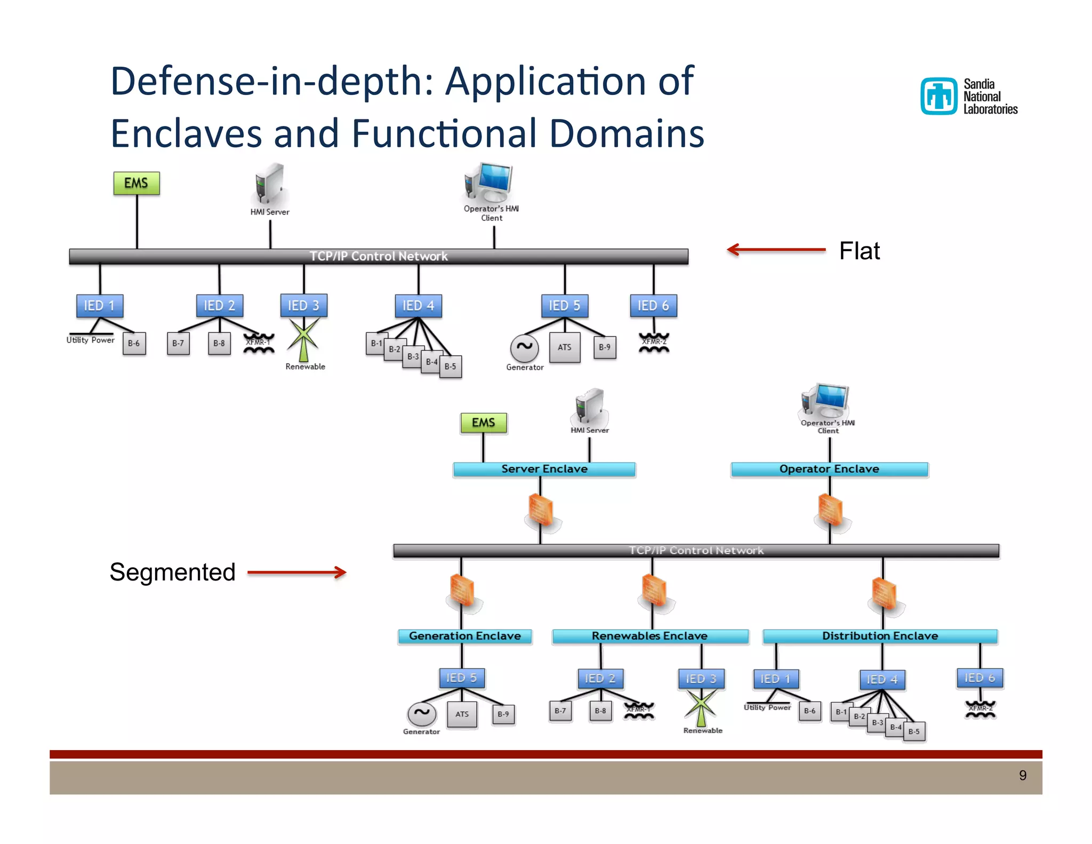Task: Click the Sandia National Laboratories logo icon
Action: coord(939,97)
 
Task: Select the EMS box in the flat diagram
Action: coord(136,183)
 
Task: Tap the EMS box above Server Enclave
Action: coord(484,423)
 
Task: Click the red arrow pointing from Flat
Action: coord(776,250)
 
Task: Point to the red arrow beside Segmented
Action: coord(297,572)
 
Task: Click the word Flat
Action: coord(859,251)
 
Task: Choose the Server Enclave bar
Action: coord(544,469)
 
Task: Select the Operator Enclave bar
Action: coord(829,469)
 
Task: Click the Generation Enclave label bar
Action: coord(464,636)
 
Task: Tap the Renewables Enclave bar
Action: coord(650,636)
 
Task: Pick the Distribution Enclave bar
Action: coord(880,636)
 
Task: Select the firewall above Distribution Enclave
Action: coord(884,593)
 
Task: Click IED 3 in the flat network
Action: coord(303,306)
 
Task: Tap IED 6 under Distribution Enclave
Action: coord(979,678)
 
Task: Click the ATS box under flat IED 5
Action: coord(565,347)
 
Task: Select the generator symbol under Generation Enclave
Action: coord(422,713)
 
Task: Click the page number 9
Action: coord(1022,775)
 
